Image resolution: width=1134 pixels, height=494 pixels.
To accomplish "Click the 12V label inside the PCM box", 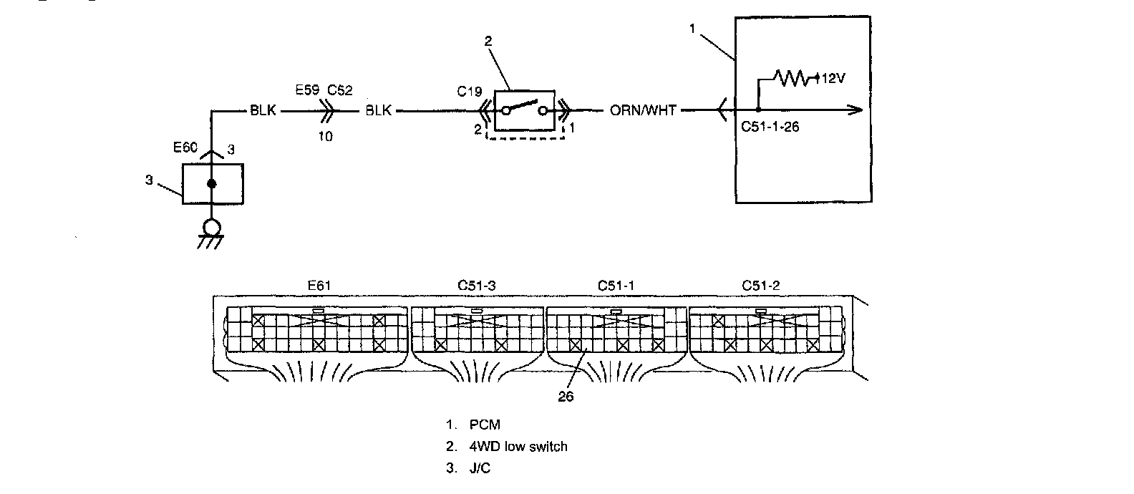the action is point(833,79).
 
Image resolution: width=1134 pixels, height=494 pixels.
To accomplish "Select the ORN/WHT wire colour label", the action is point(642,110).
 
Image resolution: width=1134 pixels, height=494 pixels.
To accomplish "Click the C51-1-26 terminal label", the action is point(770,127).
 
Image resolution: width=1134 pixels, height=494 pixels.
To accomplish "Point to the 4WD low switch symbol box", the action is point(525,110).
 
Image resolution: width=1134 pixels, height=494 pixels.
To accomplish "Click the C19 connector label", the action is point(469,92).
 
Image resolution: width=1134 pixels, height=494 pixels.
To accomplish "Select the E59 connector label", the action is point(307,90).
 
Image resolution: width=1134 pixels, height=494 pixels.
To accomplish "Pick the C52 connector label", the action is point(339,90).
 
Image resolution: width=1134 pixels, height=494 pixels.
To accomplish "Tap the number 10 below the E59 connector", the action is point(326,136).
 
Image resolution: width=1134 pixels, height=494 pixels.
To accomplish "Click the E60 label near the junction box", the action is point(185,147).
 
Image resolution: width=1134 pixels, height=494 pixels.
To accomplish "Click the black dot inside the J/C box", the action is point(212,184).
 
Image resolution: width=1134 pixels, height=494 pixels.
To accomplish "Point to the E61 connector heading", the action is point(319,286).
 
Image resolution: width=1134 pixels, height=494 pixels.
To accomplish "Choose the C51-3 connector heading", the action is point(476,286).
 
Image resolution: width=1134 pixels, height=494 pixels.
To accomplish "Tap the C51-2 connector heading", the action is point(760,286).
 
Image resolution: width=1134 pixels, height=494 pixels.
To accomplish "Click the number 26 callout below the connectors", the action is point(566,397).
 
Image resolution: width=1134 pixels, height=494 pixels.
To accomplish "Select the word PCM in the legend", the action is point(485,425).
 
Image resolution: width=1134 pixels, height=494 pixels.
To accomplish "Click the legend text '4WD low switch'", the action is point(518,447).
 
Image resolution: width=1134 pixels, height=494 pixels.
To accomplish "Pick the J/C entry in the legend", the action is point(480,468).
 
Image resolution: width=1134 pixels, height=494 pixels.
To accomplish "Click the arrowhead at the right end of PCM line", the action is point(855,110).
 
